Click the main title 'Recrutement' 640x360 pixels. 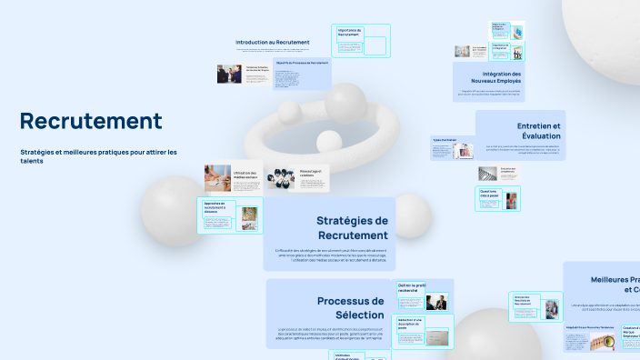pyautogui.click(x=91, y=121)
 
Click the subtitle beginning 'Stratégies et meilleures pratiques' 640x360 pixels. pyautogui.click(x=99, y=155)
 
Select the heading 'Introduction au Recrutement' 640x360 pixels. pyautogui.click(x=273, y=42)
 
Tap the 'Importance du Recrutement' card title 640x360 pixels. pyautogui.click(x=350, y=32)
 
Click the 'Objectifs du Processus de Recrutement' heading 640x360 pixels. pyautogui.click(x=301, y=63)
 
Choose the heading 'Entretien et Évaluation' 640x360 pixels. pyautogui.click(x=539, y=130)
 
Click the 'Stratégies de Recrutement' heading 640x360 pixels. pyautogui.click(x=352, y=227)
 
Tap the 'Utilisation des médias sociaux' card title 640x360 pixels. pyautogui.click(x=246, y=175)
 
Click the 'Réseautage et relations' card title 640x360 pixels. pyautogui.click(x=312, y=173)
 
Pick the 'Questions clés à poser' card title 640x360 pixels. pyautogui.click(x=489, y=195)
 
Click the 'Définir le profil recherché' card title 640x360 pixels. pyautogui.click(x=412, y=287)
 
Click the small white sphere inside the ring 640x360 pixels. pyautogui.click(x=326, y=141)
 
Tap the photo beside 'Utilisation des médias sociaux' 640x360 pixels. pyautogui.click(x=217, y=176)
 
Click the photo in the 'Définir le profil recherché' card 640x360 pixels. pyautogui.click(x=437, y=303)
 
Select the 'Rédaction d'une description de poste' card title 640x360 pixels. pyautogui.click(x=411, y=324)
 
